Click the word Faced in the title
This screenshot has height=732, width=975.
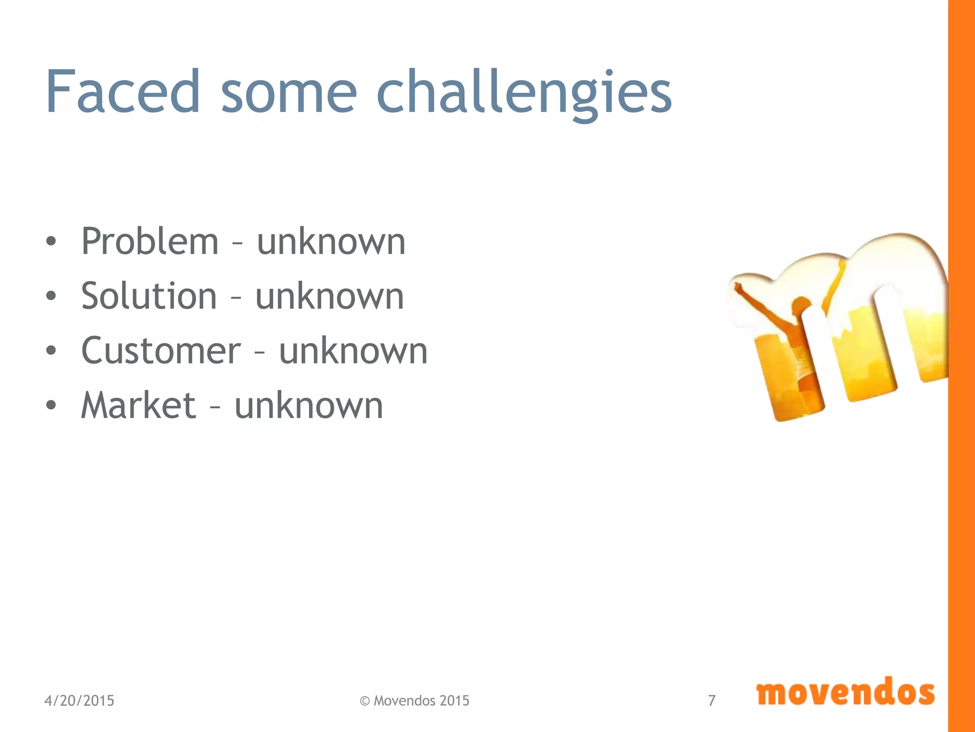point(123,91)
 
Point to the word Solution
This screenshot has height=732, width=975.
point(149,296)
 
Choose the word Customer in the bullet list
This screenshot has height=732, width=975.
point(161,351)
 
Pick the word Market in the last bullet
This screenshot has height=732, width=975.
point(139,406)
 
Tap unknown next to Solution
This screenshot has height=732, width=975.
point(330,296)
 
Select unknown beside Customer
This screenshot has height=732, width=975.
point(353,351)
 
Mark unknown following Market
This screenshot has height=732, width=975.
point(309,406)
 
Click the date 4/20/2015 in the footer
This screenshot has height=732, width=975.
point(79,701)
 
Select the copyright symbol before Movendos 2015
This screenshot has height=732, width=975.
point(365,701)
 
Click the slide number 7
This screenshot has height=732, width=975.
point(712,701)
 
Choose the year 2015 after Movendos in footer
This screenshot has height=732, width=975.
point(454,701)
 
